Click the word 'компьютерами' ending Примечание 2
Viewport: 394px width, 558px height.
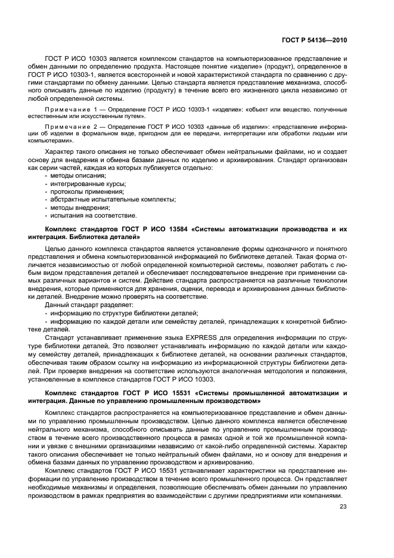(55, 142)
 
